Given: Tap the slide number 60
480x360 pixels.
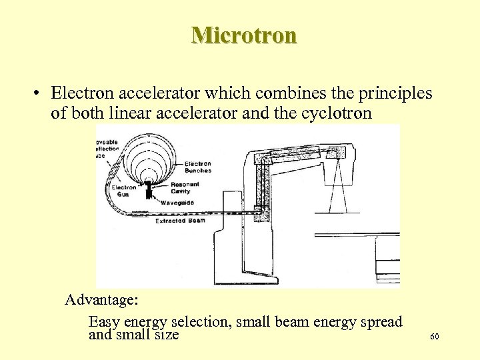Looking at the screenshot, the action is [434, 337].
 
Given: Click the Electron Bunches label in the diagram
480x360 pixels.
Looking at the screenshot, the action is [197, 167].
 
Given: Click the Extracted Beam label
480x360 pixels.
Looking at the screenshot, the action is [180, 220].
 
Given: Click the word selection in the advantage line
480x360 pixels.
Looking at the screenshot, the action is [198, 322].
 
